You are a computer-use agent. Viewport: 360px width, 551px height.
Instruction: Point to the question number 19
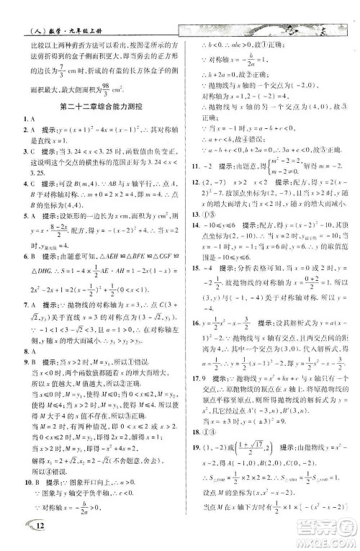(x=189, y=449)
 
